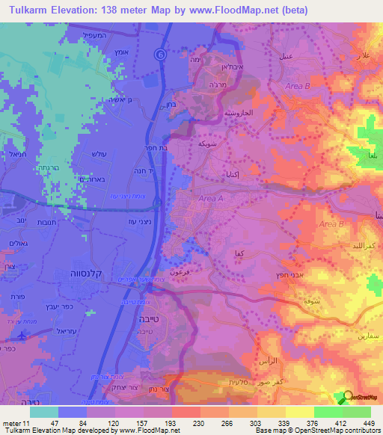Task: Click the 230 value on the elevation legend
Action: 186,422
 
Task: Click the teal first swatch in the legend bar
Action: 44,411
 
